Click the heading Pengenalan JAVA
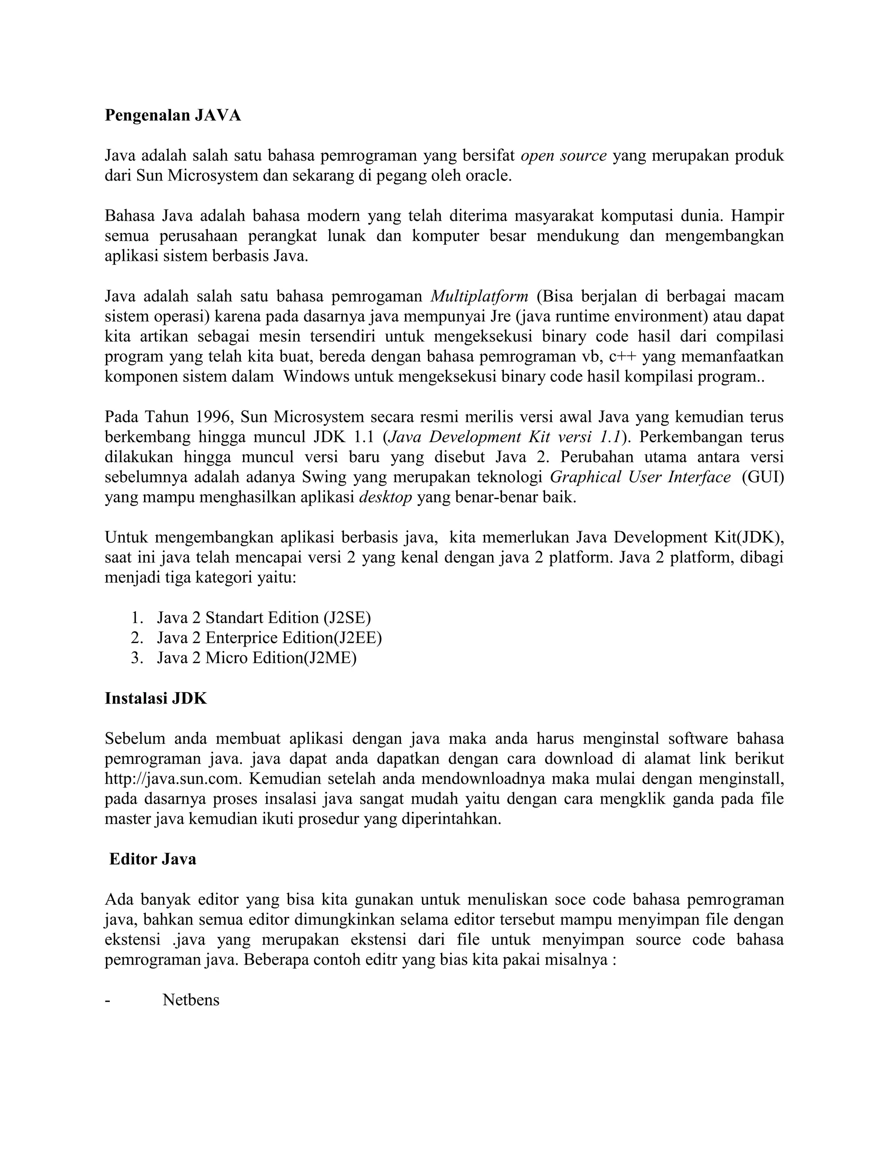tap(173, 115)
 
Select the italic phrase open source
tap(563, 156)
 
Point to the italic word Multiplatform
tap(479, 296)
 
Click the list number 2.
tap(137, 638)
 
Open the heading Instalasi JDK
tap(156, 699)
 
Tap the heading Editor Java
tap(153, 860)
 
